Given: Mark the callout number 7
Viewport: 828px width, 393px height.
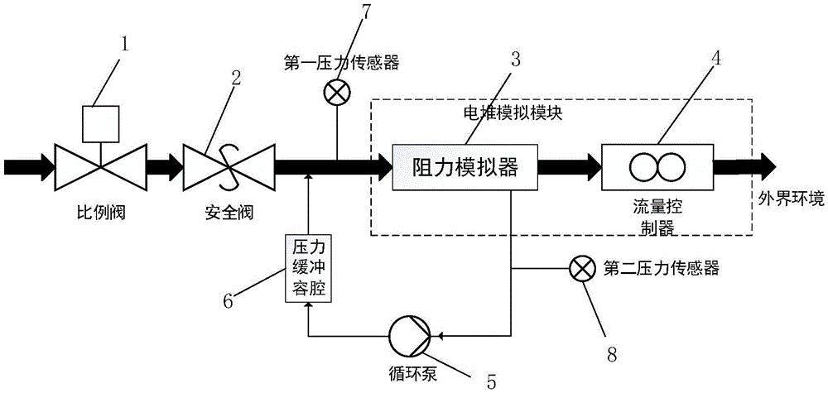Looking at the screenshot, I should tap(364, 12).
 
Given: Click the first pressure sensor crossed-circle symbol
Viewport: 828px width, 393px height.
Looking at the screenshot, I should tap(336, 94).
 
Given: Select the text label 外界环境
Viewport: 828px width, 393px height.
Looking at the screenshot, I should tap(790, 198).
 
